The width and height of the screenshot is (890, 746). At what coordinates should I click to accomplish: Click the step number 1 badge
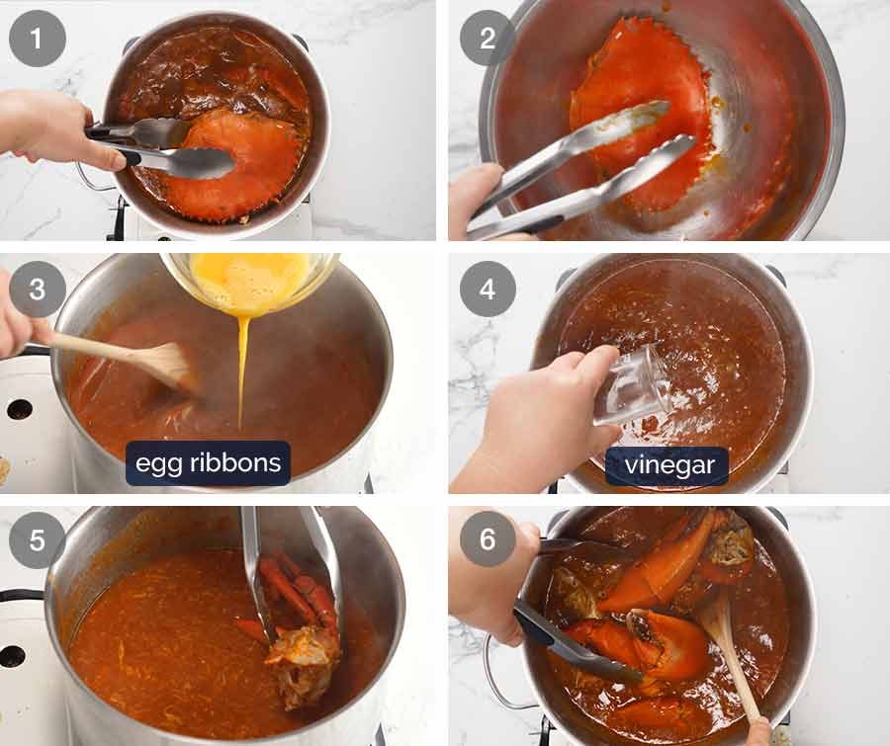coord(38,39)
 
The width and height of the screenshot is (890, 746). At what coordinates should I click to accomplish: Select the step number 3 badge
coord(38,290)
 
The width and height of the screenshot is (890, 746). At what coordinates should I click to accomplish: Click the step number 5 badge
coord(38,539)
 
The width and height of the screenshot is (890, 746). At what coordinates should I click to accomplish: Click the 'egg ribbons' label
coord(208,462)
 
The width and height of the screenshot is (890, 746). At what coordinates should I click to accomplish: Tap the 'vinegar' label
coord(667,465)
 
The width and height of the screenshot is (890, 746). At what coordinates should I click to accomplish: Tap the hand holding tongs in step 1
coord(49,128)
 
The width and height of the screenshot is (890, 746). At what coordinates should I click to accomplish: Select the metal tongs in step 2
coord(583,178)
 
